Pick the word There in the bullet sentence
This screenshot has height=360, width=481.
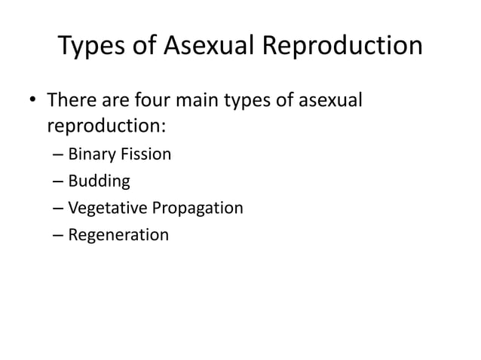click(73, 99)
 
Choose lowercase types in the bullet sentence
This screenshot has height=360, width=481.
click(270, 101)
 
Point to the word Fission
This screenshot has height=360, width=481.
click(144, 154)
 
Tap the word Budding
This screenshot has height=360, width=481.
click(99, 182)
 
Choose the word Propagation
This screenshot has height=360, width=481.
click(195, 208)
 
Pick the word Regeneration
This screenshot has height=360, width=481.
click(118, 235)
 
